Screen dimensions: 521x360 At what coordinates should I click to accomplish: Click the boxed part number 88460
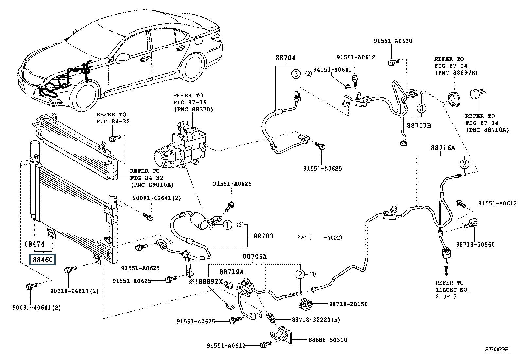[42, 260]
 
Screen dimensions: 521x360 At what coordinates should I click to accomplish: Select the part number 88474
[34, 244]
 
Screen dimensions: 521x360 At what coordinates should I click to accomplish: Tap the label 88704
[285, 58]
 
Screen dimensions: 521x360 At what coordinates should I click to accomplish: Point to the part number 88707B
[419, 126]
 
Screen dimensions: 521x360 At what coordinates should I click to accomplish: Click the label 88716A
[443, 148]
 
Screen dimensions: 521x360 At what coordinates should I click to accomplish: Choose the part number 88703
[263, 236]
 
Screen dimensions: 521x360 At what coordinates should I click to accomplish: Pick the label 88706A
[255, 256]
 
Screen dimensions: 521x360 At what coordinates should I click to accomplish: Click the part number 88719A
[231, 272]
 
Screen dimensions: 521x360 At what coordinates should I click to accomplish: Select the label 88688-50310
[328, 340]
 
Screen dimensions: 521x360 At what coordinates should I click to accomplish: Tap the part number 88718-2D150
[348, 304]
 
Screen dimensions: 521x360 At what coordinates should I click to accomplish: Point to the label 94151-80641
[332, 70]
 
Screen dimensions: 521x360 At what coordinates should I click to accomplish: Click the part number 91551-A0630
[393, 41]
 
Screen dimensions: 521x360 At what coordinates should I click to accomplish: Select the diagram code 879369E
[496, 349]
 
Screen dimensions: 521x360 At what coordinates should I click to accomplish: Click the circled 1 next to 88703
[228, 225]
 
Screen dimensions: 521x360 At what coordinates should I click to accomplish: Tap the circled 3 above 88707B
[422, 108]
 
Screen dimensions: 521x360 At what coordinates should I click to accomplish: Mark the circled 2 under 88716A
[464, 164]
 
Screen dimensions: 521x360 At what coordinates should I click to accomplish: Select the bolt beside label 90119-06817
[70, 269]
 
